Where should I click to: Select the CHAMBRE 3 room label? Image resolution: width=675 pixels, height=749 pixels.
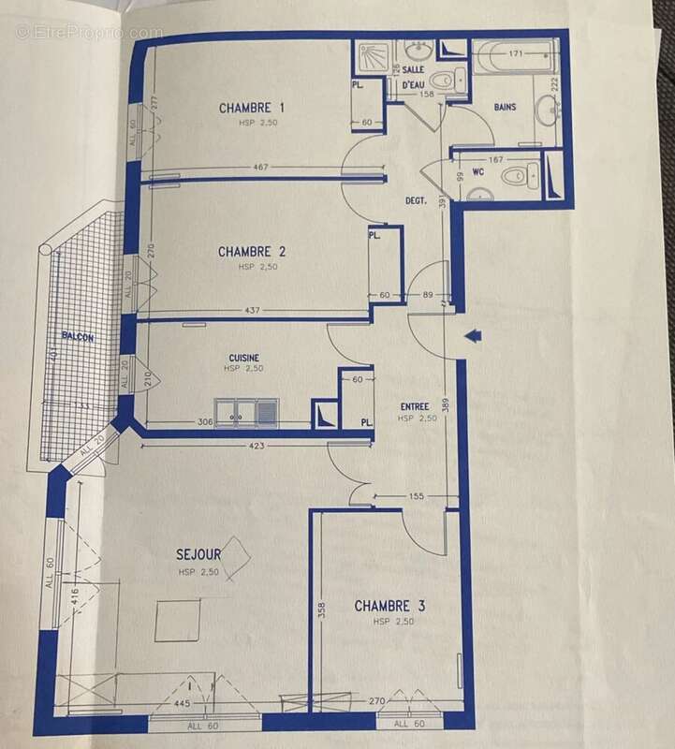click(x=389, y=607)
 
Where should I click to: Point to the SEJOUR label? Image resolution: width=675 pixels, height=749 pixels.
click(x=198, y=555)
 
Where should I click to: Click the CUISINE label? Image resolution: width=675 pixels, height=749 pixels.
click(x=243, y=358)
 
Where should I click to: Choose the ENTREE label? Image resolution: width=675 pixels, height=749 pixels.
click(x=416, y=406)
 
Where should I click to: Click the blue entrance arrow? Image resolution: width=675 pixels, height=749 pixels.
click(x=473, y=333)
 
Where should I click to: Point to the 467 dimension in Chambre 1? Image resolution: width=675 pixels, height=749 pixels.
click(x=260, y=168)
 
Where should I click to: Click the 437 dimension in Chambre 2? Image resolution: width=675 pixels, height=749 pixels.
click(x=252, y=309)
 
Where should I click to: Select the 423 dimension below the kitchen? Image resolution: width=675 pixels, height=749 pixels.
click(x=257, y=446)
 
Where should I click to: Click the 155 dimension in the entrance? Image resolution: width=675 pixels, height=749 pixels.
click(x=417, y=496)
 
